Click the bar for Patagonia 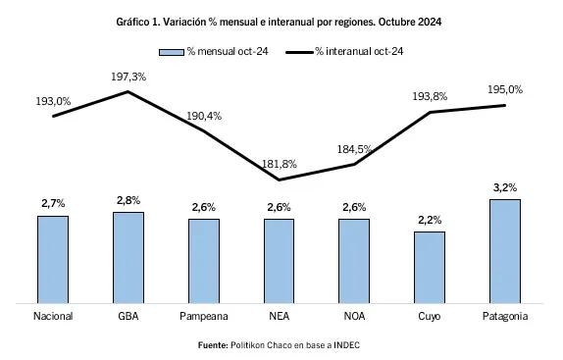[505, 251]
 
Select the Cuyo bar [430, 267]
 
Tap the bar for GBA [128, 257]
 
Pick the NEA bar [279, 261]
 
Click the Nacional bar [53, 259]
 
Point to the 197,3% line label [129, 76]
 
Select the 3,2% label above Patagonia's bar [505, 187]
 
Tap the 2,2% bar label [430, 220]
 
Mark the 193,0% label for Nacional [53, 100]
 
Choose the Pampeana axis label [204, 317]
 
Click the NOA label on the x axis [354, 317]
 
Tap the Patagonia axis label [505, 317]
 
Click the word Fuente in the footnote [213, 344]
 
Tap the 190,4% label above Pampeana [204, 116]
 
